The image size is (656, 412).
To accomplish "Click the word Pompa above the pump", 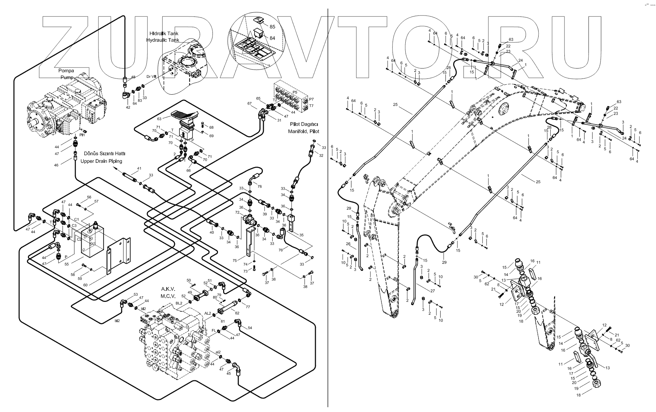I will (x=66, y=71).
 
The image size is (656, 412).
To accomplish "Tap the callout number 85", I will (x=272, y=27).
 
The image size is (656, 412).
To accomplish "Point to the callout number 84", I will (x=272, y=38).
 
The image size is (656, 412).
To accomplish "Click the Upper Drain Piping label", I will (x=101, y=161).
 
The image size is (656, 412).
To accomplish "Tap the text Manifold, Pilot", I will (x=303, y=131).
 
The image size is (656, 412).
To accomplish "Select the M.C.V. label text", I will (x=168, y=296).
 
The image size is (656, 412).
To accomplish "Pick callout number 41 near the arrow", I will (x=139, y=169).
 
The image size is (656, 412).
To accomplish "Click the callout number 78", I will (x=259, y=186).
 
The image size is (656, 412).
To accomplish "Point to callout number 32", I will (x=321, y=155).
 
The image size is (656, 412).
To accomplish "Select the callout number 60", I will (x=85, y=284).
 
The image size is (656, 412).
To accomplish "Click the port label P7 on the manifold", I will (x=311, y=99).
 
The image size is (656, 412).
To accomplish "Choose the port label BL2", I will (x=179, y=303).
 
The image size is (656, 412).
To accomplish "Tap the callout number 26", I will (x=348, y=244).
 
